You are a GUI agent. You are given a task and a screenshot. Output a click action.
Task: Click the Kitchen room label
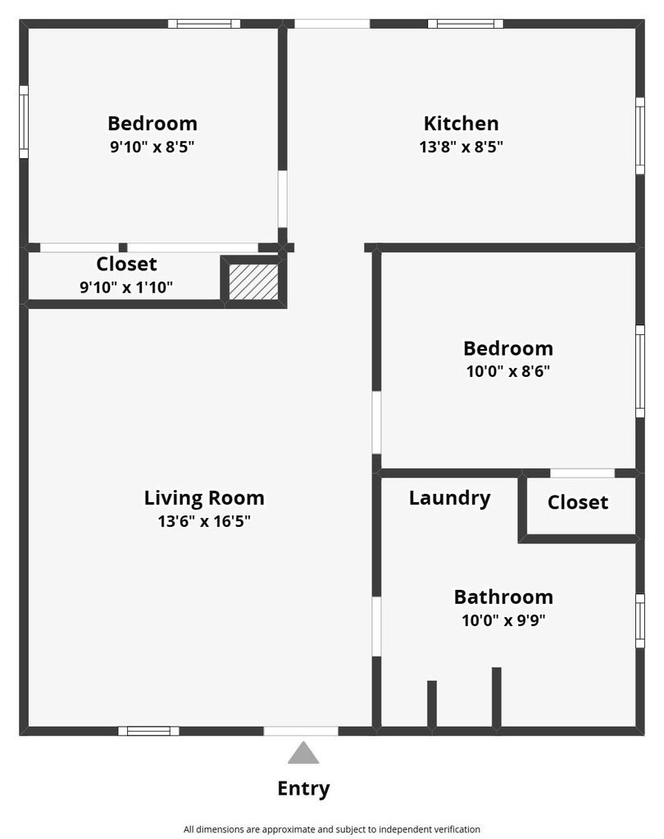[461, 124]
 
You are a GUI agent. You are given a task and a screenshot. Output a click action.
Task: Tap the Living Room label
[204, 498]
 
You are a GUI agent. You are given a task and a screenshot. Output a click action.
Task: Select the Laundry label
[450, 498]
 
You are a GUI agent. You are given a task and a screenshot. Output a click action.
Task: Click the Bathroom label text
[503, 597]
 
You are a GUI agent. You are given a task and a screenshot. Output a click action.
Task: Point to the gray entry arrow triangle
[303, 753]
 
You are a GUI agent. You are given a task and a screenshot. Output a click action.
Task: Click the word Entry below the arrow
[303, 789]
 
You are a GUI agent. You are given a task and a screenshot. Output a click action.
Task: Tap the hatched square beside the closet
[254, 282]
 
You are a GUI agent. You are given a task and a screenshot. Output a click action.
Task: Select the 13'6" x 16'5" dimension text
[204, 521]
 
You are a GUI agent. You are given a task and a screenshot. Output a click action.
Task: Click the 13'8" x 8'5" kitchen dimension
[461, 147]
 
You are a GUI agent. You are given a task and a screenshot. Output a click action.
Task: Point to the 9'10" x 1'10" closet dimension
[126, 288]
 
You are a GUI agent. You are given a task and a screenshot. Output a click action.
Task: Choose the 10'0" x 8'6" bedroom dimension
[508, 371]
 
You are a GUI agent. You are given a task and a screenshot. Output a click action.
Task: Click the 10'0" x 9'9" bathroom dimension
[503, 621]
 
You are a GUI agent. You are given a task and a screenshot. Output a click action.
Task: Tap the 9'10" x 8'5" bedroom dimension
[152, 147]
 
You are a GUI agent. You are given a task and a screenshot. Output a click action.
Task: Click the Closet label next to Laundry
[578, 502]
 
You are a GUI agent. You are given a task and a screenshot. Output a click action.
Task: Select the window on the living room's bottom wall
[149, 731]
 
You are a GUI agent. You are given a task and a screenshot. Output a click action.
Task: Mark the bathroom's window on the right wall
[640, 621]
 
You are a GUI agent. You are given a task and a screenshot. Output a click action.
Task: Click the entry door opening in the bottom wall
[301, 731]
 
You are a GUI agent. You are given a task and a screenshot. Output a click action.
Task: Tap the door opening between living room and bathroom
[376, 627]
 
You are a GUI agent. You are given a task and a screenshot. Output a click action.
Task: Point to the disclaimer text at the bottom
[332, 829]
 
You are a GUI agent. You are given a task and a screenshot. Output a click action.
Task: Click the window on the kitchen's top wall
[466, 24]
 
